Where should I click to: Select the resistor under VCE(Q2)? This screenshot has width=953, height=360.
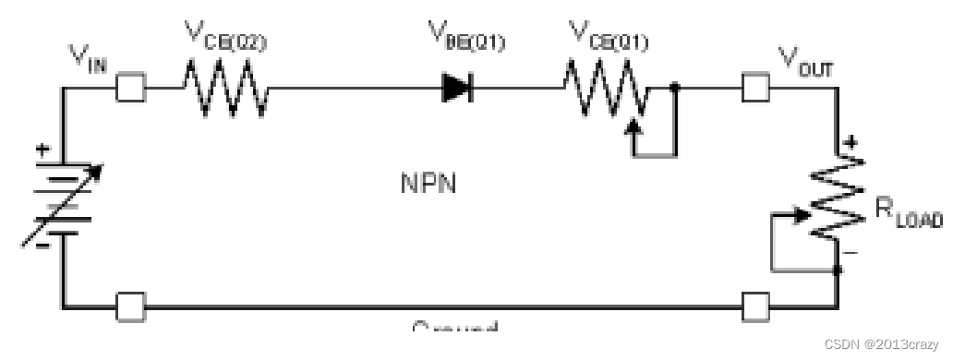point(226,90)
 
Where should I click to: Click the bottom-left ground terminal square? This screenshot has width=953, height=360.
point(130,306)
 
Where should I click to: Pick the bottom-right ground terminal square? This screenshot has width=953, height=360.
point(756,306)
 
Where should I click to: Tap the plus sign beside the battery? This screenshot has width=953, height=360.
point(42,149)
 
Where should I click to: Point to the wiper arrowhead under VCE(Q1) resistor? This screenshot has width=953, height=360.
point(634,125)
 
